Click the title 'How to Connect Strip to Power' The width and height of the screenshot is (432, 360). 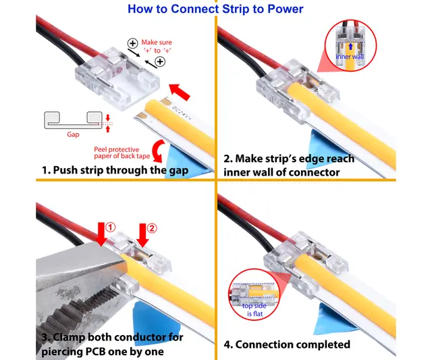tap(215, 9)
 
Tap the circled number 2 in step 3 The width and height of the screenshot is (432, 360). tap(152, 228)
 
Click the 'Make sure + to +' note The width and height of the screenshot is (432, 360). tap(156, 46)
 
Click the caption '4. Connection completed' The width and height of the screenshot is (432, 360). tap(287, 344)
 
